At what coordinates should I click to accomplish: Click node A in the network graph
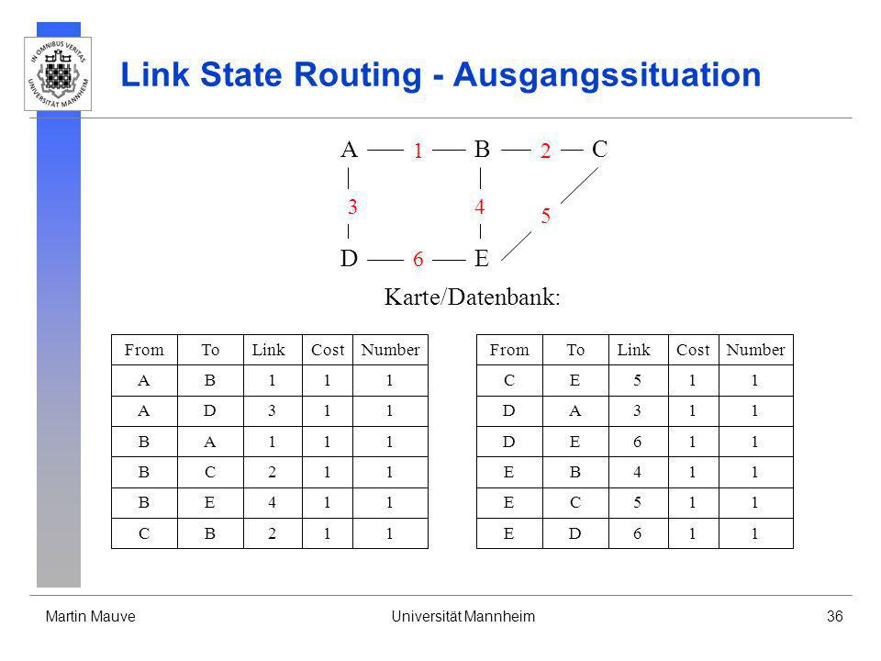[349, 150]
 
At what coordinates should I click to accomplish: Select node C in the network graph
[599, 150]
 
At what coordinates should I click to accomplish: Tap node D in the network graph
[349, 259]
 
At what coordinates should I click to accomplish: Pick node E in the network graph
[482, 259]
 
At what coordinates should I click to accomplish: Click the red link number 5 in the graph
[545, 216]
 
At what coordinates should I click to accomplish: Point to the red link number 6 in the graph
[418, 259]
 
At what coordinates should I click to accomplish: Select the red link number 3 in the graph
[352, 207]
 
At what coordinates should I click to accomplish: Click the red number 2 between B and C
[545, 151]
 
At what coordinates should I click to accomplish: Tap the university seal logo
[58, 73]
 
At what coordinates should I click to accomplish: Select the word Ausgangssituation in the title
[607, 74]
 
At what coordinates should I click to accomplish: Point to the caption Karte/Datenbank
[472, 297]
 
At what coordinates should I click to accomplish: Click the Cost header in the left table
[328, 350]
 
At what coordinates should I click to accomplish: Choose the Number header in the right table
[755, 350]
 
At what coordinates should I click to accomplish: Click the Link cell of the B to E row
[272, 502]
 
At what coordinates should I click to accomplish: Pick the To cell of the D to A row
[574, 411]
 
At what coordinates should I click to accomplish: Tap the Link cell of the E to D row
[637, 533]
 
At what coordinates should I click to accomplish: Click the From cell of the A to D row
[144, 411]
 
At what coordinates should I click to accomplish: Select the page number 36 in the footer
[834, 617]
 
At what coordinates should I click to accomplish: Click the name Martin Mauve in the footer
[91, 617]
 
